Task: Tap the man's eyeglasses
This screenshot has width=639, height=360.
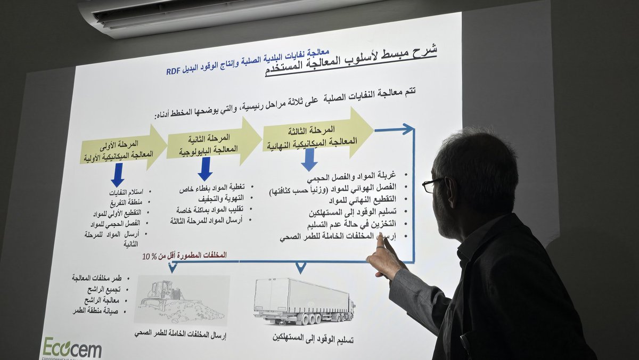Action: [x=432, y=185]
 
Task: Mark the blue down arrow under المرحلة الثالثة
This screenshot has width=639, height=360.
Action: [x=309, y=159]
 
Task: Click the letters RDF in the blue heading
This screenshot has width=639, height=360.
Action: [x=174, y=71]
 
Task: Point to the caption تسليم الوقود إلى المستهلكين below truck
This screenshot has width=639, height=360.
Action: [x=313, y=338]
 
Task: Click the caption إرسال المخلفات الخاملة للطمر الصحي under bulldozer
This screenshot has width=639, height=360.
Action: [x=181, y=334]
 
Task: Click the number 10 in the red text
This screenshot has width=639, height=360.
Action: [x=146, y=257]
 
